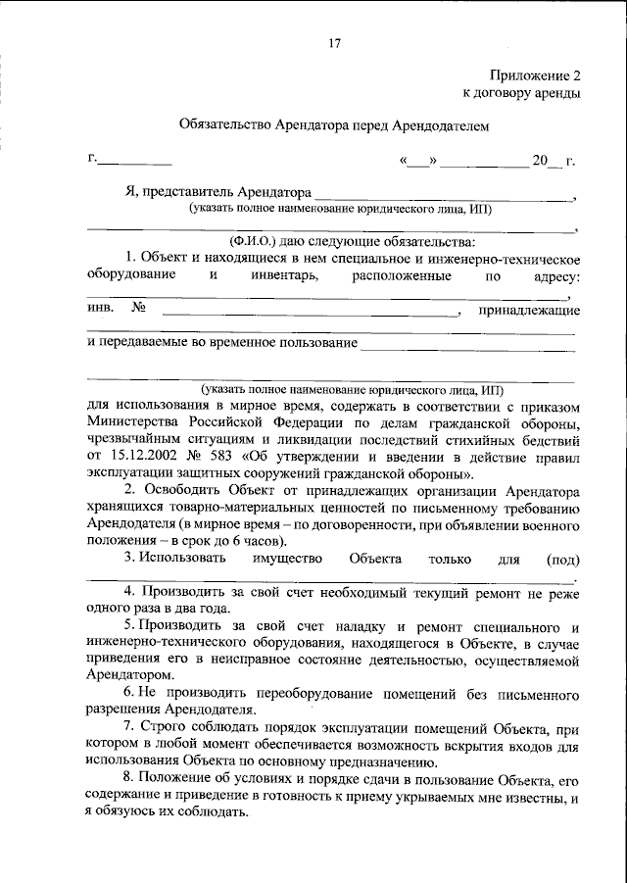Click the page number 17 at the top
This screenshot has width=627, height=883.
(333, 42)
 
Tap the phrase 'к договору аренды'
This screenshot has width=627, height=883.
(521, 93)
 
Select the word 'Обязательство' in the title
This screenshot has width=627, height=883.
(226, 126)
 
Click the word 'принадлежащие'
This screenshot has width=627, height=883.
(528, 311)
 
